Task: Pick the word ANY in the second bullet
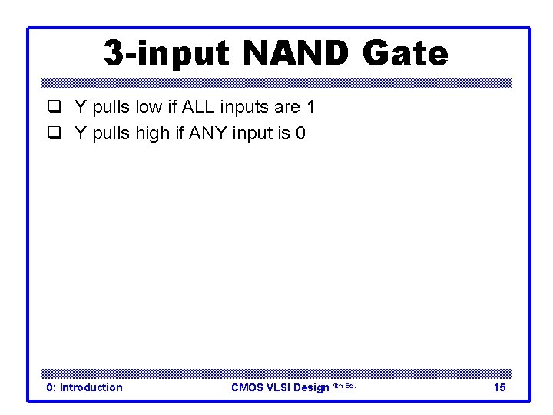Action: coord(205,134)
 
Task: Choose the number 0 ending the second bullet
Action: coord(300,134)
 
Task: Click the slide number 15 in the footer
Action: coord(499,387)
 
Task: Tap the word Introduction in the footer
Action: coord(91,387)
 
